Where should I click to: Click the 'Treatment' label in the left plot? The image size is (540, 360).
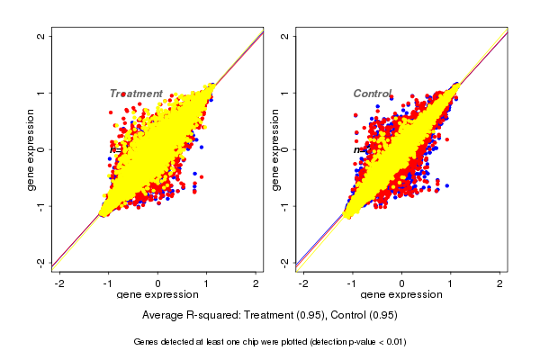136,94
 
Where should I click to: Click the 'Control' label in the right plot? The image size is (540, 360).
372,94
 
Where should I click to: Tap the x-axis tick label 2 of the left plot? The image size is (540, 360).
257,283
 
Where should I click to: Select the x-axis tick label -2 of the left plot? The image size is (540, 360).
58,283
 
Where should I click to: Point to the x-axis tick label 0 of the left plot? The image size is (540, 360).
158,283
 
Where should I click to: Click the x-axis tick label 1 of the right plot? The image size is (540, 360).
451,283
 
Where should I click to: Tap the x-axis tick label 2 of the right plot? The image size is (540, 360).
500,283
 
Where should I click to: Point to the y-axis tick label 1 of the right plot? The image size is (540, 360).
284,93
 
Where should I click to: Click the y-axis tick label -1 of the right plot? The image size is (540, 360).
284,205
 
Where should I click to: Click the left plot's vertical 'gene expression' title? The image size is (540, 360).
31,149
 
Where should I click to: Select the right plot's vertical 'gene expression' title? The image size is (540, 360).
274,149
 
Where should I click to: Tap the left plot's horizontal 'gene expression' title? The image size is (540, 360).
158,295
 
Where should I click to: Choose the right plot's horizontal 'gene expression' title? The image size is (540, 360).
401,295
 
